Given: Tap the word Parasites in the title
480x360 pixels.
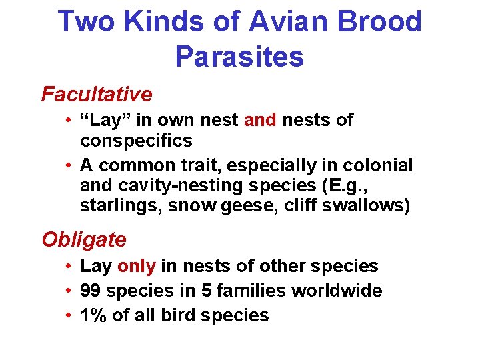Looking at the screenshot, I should coord(239,57).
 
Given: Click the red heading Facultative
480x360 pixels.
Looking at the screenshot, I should coord(97,95).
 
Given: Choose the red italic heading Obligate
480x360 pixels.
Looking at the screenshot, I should coord(84,239).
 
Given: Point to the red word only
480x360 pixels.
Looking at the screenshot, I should coord(136,266).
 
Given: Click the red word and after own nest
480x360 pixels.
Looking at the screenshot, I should coord(261,121).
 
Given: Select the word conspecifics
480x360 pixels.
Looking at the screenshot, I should coord(136,141).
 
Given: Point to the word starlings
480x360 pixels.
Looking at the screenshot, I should coord(121,207).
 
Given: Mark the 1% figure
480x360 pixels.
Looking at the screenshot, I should coord(93,315).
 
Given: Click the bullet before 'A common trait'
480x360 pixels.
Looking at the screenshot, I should coord(69,165).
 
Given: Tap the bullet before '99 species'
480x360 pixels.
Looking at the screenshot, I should coord(69,291).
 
